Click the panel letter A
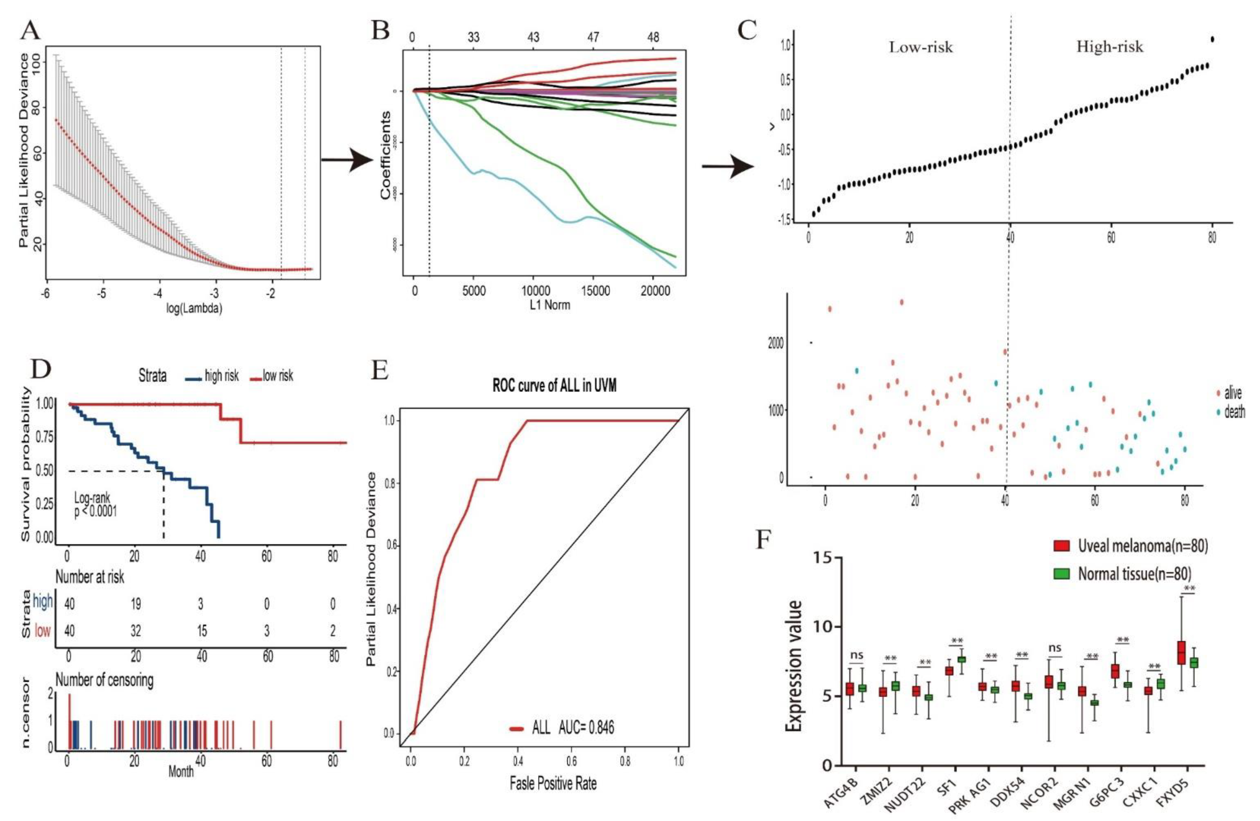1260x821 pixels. (x=30, y=32)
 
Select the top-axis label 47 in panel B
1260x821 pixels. (x=593, y=37)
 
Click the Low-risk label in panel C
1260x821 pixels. (x=920, y=48)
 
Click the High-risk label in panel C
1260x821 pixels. (x=1110, y=47)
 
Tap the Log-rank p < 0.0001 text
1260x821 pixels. (x=95, y=505)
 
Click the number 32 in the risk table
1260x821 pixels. (x=135, y=631)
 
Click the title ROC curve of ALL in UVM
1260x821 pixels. (x=554, y=386)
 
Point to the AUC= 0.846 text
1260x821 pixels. (x=586, y=728)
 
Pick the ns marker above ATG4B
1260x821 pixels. (x=856, y=655)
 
